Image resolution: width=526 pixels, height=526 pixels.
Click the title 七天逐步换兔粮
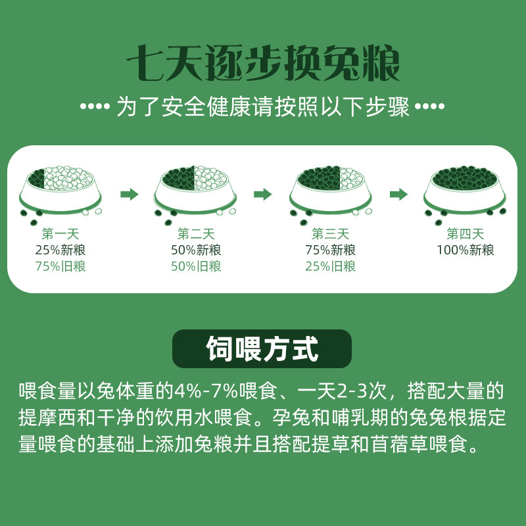tap(263, 64)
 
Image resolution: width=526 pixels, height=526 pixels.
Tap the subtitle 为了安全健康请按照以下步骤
tap(263, 107)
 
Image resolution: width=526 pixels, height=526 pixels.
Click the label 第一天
tap(60, 234)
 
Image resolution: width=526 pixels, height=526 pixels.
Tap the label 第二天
tap(195, 234)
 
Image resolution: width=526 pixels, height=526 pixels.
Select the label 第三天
tap(330, 234)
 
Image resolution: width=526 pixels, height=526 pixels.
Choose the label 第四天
tap(466, 234)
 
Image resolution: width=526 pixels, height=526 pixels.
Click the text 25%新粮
tap(60, 251)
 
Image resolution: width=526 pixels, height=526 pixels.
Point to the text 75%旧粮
tap(60, 267)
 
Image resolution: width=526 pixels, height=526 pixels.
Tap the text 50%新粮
tap(195, 251)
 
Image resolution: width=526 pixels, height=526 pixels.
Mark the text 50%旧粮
tap(195, 267)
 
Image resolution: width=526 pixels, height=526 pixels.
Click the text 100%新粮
tap(466, 251)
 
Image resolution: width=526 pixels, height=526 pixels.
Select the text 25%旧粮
tap(330, 267)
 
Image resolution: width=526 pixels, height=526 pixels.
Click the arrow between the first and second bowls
tap(130, 194)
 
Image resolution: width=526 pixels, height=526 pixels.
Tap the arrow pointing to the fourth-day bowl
tap(398, 194)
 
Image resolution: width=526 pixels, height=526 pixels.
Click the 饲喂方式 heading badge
tap(262, 348)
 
